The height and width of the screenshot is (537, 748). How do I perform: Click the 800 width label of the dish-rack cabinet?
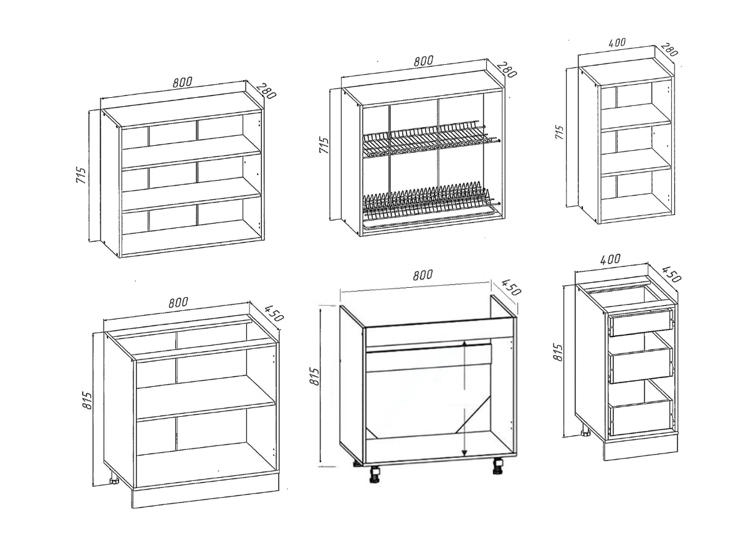(423, 61)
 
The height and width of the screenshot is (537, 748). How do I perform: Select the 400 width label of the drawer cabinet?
(610, 259)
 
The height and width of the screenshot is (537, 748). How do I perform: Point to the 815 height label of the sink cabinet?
(315, 376)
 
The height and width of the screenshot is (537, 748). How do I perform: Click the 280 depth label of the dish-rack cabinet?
(507, 69)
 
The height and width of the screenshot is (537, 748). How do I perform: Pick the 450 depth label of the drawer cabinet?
(671, 274)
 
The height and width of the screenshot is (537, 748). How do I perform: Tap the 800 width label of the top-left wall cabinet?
(182, 82)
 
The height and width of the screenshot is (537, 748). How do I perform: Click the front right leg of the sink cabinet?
(498, 466)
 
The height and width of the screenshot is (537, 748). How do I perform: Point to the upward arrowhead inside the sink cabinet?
(464, 345)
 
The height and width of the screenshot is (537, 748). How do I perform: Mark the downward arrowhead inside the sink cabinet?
(464, 452)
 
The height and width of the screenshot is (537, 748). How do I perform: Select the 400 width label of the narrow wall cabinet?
(616, 43)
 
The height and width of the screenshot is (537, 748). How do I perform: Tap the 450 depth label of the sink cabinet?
(511, 287)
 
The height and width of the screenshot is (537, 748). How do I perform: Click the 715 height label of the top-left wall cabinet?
(81, 174)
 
